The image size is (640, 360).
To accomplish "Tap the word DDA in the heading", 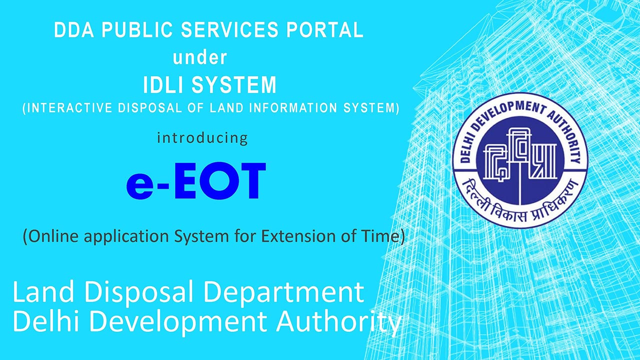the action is pos(74,29).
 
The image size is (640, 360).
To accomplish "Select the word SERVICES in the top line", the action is pos(229,29).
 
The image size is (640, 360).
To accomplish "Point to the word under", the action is pos(199,57).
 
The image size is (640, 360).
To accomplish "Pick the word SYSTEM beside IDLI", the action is pos(234,85).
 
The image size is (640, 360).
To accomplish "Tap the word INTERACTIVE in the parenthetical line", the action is pos(69,108).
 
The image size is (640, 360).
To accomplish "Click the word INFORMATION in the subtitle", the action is pos(293,108).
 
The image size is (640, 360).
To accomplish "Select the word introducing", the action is pos(202,138).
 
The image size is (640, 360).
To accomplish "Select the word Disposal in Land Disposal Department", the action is pos(138,292).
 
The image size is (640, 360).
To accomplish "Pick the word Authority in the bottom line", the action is pos(339,322).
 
